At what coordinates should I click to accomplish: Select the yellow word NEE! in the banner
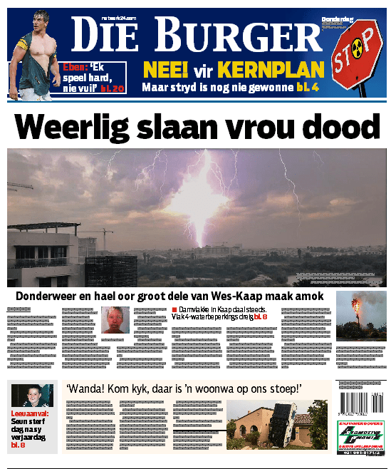point(165,71)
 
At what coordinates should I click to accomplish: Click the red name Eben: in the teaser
point(76,68)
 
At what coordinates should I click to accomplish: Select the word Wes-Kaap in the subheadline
point(239,296)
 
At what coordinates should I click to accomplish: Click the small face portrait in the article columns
point(115,319)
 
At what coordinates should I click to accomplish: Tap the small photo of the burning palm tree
point(361,316)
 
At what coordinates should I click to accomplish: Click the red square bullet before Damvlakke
point(174,309)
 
